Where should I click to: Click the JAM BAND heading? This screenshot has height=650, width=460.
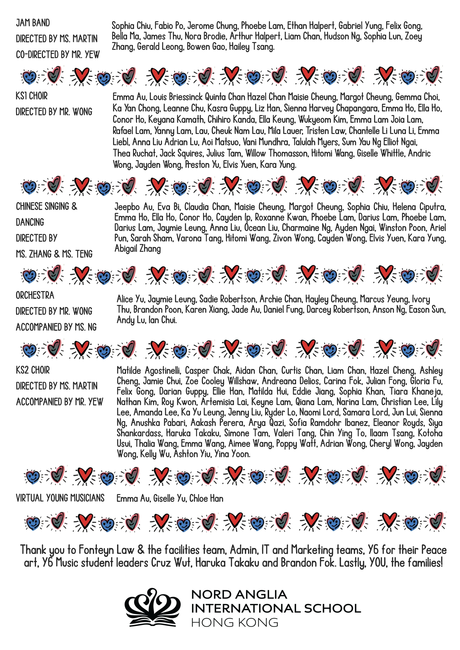[33, 23]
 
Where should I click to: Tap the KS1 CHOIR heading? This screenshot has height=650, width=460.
[32, 96]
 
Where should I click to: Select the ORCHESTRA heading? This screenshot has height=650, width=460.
[35, 295]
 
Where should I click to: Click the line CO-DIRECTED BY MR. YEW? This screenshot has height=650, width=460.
[58, 55]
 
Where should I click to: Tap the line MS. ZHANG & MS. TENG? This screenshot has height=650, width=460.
[54, 254]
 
